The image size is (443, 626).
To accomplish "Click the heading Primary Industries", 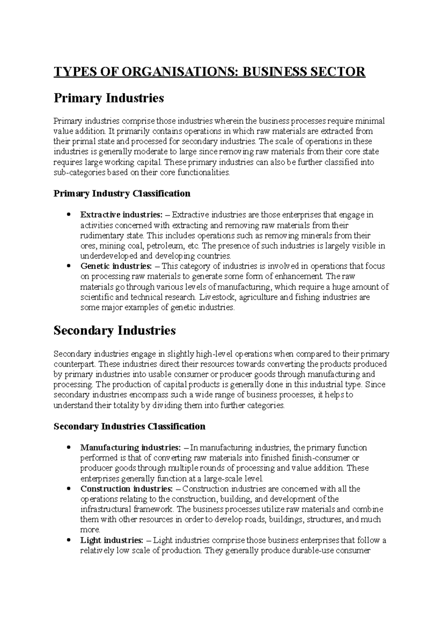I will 109,98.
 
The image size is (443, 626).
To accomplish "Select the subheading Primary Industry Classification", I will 122,194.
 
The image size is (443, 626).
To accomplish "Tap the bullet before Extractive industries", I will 67,215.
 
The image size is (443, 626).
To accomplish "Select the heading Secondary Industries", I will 114,330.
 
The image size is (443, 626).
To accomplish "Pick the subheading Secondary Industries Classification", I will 129,427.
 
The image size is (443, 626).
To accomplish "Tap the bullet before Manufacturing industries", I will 67,448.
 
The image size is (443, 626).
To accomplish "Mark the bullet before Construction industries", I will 67,489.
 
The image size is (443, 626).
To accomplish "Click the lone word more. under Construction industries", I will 90,530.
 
